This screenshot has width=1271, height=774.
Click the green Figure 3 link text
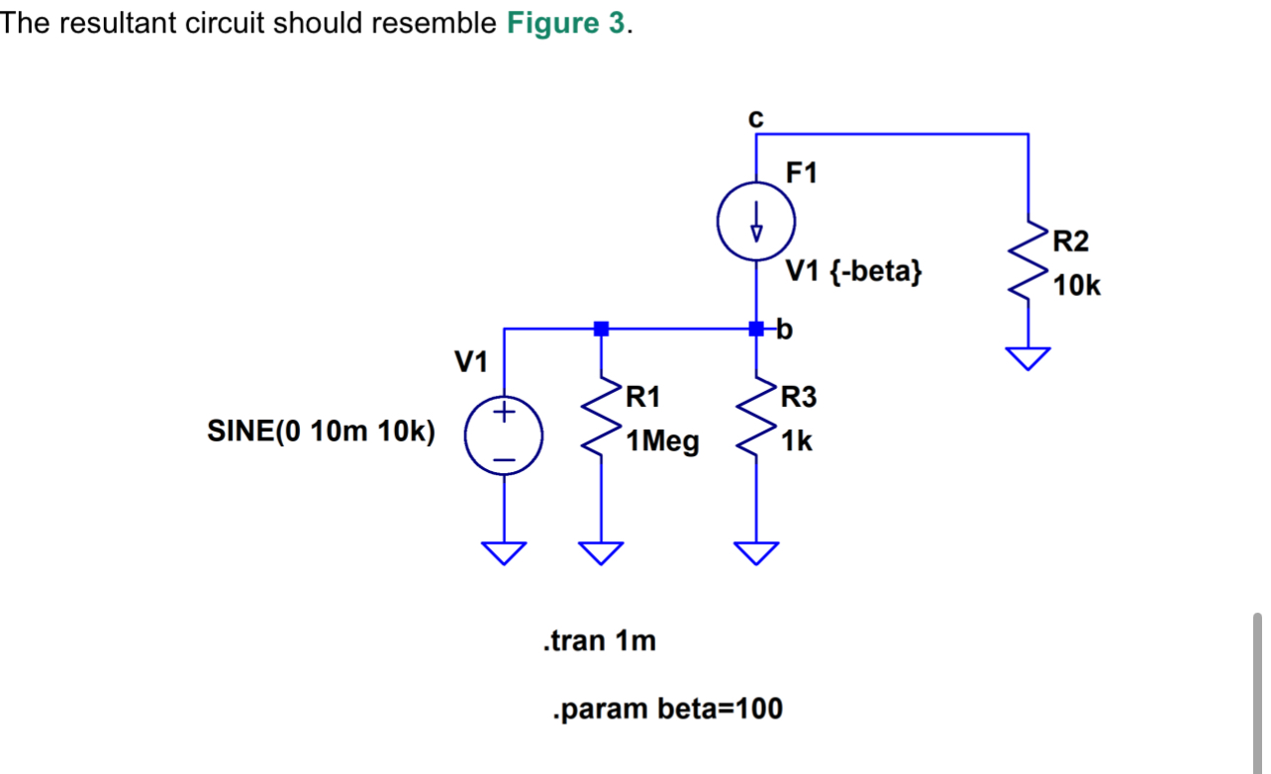pos(565,24)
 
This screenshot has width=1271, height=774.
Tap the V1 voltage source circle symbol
pos(504,436)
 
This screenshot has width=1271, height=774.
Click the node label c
pos(756,118)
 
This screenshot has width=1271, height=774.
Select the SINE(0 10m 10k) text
pos(322,433)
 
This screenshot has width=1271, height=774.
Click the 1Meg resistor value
pos(662,442)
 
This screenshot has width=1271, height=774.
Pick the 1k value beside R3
pos(797,442)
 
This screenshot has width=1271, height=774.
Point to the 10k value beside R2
pos(1077,287)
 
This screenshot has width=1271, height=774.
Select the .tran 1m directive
pos(600,641)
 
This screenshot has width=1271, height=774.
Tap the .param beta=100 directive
pos(667,709)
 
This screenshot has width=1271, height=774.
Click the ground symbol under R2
pos(1028,358)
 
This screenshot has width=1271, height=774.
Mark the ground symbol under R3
pos(756,552)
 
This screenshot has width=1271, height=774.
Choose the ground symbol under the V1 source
pos(504,552)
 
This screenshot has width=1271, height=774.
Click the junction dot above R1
pos(600,328)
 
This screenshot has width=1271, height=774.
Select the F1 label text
pos(802,173)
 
